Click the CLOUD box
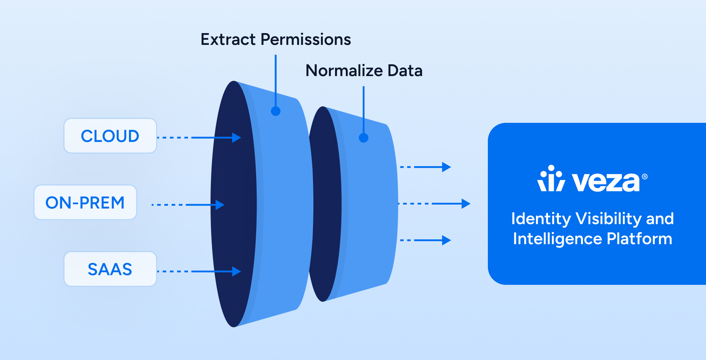click(110, 136)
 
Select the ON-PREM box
click(85, 202)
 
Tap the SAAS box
click(110, 269)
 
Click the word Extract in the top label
click(228, 39)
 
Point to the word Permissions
click(306, 39)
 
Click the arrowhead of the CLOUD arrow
click(236, 138)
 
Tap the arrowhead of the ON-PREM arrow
click(220, 205)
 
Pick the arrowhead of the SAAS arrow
click(236, 272)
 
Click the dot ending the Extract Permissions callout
click(276, 111)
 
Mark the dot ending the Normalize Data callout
click(364, 138)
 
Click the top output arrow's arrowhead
click(446, 167)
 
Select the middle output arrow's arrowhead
click(466, 203)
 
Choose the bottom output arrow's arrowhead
click(446, 240)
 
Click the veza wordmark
click(606, 182)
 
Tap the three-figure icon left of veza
click(551, 178)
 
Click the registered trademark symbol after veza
click(645, 176)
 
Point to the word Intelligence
click(557, 239)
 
